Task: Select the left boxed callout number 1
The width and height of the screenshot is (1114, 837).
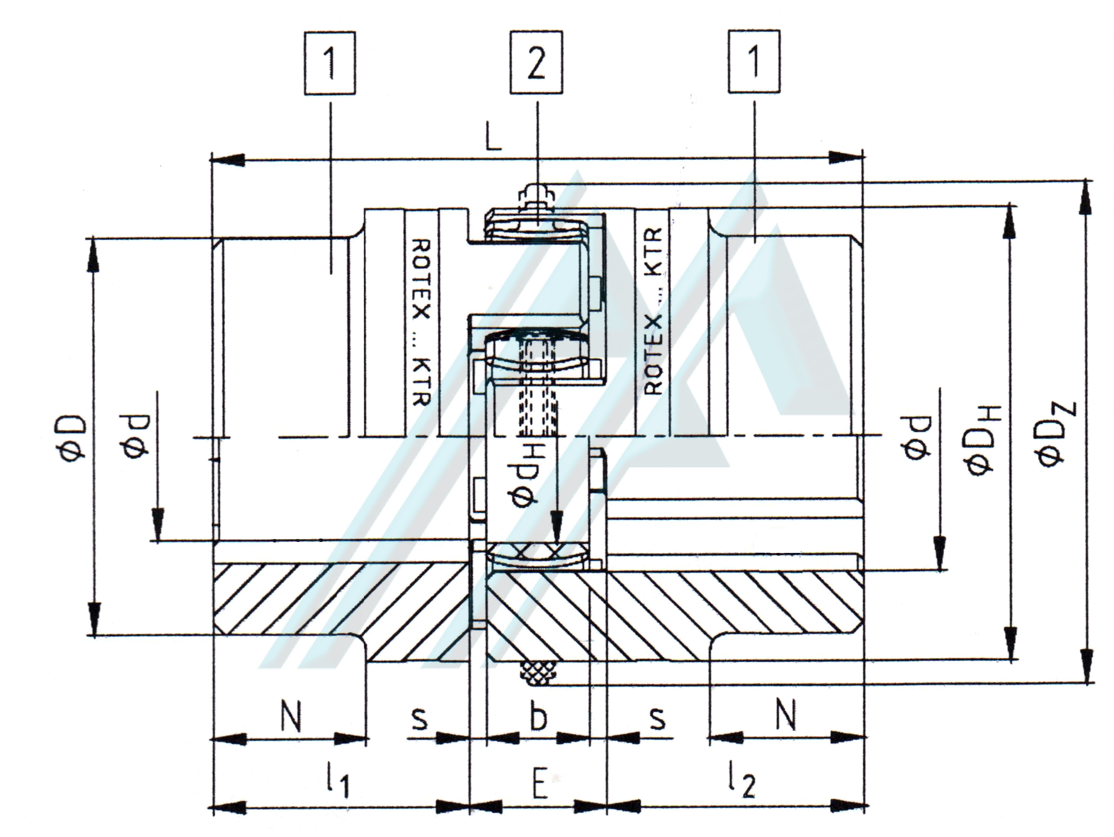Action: [330, 63]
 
